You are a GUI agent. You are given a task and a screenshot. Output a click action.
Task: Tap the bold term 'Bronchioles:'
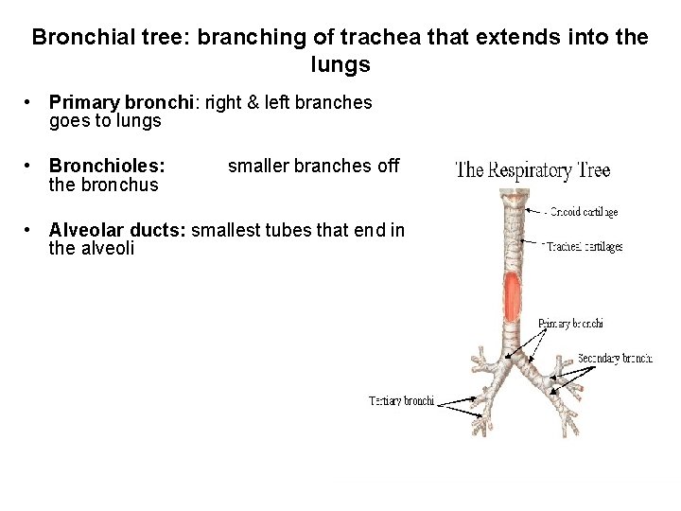[x=107, y=166]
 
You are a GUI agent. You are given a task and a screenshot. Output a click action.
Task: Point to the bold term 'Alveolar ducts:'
[x=117, y=230]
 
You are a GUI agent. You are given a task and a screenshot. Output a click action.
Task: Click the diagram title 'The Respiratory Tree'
[x=533, y=170]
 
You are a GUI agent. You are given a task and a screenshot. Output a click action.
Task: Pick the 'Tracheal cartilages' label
[x=584, y=246]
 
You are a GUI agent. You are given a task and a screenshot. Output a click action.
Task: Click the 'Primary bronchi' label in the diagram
[x=570, y=325]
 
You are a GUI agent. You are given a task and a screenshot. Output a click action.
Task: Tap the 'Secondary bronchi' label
[x=615, y=359]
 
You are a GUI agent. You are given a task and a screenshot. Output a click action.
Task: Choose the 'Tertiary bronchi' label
[x=401, y=401]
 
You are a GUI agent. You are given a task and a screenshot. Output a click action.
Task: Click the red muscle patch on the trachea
[x=512, y=295]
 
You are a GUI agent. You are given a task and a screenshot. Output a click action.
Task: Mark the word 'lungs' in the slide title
[x=340, y=66]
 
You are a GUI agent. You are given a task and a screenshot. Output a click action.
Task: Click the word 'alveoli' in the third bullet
[x=110, y=249]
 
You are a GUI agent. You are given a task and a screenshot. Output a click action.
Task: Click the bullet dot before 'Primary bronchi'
[x=30, y=102]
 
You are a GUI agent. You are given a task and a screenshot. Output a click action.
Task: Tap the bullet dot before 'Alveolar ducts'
[x=30, y=230]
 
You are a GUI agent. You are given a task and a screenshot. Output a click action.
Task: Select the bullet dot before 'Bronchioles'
[x=30, y=166]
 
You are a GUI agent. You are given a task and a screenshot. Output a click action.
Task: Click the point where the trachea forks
[x=511, y=361]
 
